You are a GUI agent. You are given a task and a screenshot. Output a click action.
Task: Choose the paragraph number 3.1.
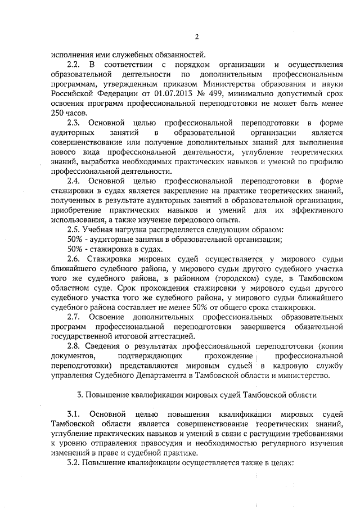73,415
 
